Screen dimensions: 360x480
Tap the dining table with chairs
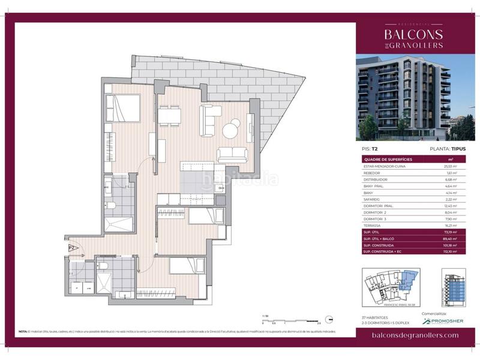tap(170, 114)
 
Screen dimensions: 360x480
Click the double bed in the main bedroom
tap(123, 109)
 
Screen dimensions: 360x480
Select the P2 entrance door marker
tap(70, 247)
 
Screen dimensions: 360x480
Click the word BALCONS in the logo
tap(413, 34)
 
